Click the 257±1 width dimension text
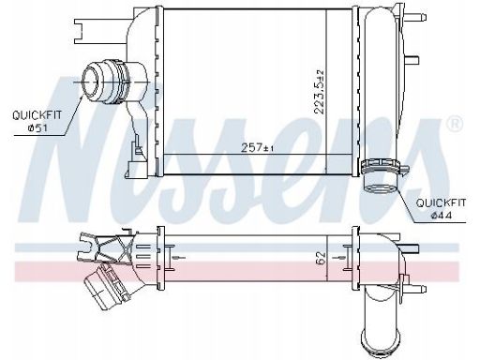point(257,147)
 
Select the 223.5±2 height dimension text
point(320,92)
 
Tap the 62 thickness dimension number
point(321,258)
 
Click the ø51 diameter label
point(37,127)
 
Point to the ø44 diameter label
point(441,215)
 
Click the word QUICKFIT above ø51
point(37,115)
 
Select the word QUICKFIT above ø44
point(441,202)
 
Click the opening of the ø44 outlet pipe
point(380,188)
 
